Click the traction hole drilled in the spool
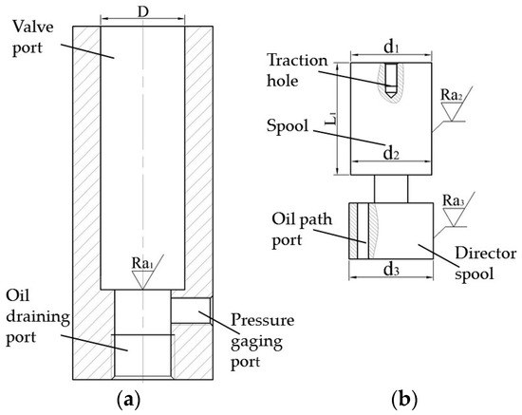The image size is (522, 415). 390,80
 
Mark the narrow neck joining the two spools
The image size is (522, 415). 390,189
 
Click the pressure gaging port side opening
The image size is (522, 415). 189,308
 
